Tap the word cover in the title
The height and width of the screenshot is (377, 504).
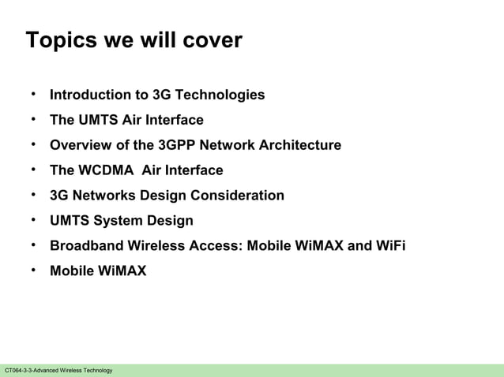[209, 41]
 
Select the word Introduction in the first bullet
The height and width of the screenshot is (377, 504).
[86, 95]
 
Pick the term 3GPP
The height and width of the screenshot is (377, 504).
[178, 145]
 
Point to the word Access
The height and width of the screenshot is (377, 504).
[218, 246]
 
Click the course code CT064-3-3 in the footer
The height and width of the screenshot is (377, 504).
[18, 371]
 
